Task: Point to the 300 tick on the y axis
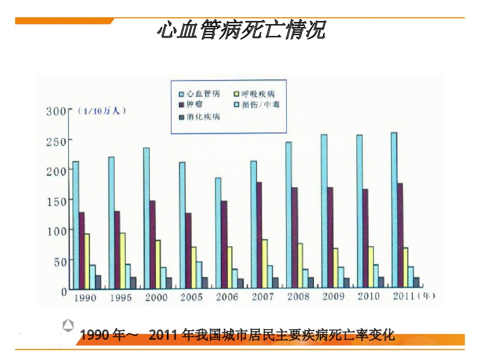tap(56, 111)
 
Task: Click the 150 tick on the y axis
tap(56, 201)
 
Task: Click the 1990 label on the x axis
tap(84, 298)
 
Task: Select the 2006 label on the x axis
tap(227, 297)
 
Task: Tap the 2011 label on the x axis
tap(404, 296)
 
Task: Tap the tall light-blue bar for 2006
tap(218, 233)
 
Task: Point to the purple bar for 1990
tap(82, 250)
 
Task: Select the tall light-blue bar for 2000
tap(146, 218)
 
